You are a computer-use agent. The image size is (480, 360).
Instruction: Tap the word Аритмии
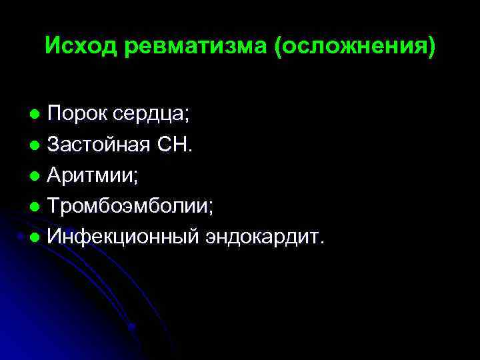[93, 175]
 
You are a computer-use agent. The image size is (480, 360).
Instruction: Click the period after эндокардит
[323, 243]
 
